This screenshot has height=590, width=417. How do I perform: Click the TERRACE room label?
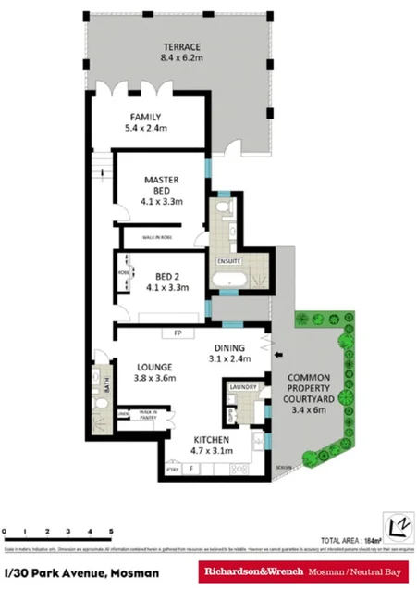tap(182, 47)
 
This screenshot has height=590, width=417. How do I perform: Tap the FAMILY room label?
tap(145, 117)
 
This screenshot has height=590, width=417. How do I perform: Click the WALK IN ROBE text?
tap(159, 238)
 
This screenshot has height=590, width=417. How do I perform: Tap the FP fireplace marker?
tap(178, 333)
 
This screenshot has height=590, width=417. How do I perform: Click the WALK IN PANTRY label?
tap(148, 416)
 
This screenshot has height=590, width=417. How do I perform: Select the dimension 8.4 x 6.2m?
tap(182, 61)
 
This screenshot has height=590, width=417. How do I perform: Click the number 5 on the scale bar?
tap(112, 531)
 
